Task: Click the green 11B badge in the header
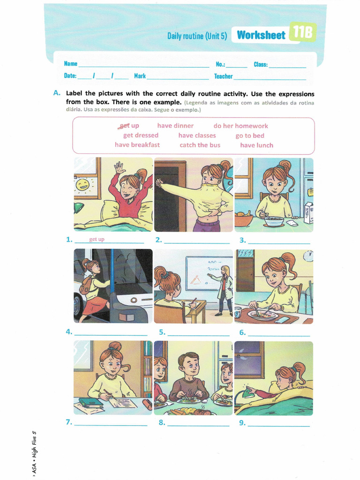pos(303,32)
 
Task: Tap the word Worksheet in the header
pos(261,35)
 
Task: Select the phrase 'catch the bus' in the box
pos(200,145)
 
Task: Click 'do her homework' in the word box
pos(240,126)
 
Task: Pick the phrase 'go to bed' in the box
pos(250,135)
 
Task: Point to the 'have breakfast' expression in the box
pos(137,144)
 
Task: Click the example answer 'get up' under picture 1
pos(97,239)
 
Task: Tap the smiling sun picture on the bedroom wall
pos(82,185)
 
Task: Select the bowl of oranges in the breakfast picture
pos(243,218)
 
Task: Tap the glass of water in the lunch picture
pos(238,313)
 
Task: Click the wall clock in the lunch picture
pos(309,255)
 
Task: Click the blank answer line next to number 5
pos(198,336)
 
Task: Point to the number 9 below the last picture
pos(242,423)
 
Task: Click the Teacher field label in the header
pos(223,76)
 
